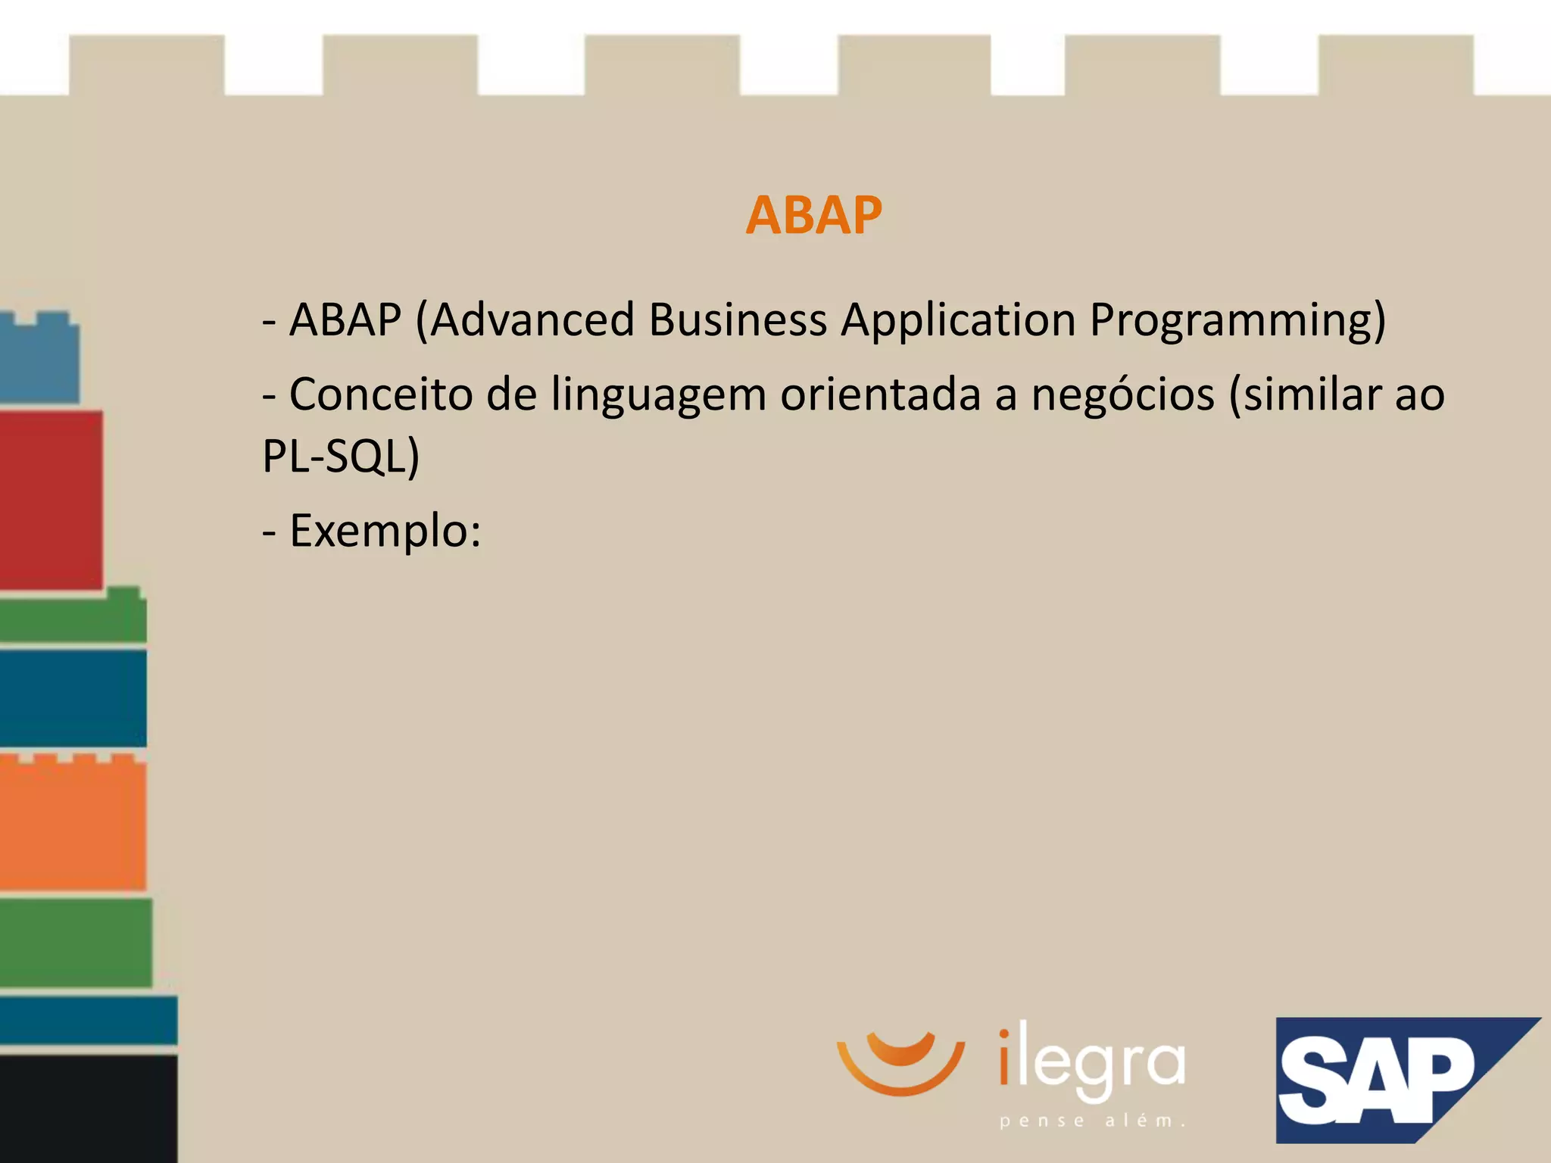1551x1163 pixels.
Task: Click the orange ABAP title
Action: tap(813, 216)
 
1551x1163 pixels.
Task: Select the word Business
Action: tap(738, 320)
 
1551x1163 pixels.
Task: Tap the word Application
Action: tap(958, 321)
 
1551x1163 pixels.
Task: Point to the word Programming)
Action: tap(1237, 321)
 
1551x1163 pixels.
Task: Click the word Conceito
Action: tap(381, 394)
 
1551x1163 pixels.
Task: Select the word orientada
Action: tap(880, 394)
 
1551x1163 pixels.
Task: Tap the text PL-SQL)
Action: tap(341, 457)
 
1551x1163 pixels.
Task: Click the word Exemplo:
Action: tap(385, 532)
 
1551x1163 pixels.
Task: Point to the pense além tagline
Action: tap(1091, 1121)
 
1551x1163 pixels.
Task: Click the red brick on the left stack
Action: tap(50, 500)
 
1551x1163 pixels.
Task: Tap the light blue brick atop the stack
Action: tap(38, 359)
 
